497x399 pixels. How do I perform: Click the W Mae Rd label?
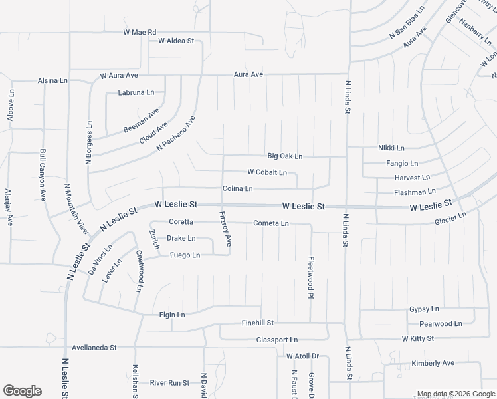pos(139,32)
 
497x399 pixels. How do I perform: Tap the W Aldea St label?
pos(175,41)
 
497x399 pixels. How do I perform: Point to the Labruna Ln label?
pos(136,92)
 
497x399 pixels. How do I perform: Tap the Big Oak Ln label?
pos(284,156)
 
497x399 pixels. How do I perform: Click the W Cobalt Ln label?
pos(266,172)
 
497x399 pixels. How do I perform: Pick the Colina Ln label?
pos(237,189)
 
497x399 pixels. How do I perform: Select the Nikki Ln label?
pos(391,148)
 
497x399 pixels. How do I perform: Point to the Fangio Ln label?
pos(401,163)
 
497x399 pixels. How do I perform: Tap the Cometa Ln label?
pos(270,223)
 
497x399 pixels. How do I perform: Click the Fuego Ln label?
pos(185,255)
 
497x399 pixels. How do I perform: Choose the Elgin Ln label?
pos(172,314)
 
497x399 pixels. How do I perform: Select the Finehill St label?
pos(257,323)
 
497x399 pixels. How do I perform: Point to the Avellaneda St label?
pos(94,347)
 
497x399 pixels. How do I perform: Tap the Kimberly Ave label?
pos(432,363)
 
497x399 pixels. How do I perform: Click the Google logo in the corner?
pos(22,391)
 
